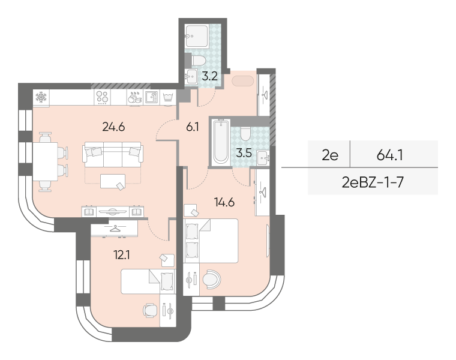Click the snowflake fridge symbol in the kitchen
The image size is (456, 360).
41,97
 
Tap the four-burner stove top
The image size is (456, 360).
103,97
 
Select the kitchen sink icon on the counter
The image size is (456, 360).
151,97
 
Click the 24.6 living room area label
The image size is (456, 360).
114,127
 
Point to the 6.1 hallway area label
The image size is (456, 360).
193,127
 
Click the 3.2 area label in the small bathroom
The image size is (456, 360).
210,76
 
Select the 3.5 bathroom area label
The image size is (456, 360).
244,153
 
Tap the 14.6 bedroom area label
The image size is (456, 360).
224,202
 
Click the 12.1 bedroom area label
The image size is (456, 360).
122,256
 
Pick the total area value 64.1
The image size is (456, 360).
389,155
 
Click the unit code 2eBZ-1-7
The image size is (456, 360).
373,182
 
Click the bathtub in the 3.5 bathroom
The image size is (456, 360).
221,142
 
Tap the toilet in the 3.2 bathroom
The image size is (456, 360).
199,61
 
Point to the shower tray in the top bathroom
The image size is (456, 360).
197,36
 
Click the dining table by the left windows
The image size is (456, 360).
45,161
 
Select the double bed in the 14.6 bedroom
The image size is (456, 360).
211,241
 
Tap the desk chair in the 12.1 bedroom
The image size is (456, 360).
151,311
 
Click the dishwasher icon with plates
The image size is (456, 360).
134,97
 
